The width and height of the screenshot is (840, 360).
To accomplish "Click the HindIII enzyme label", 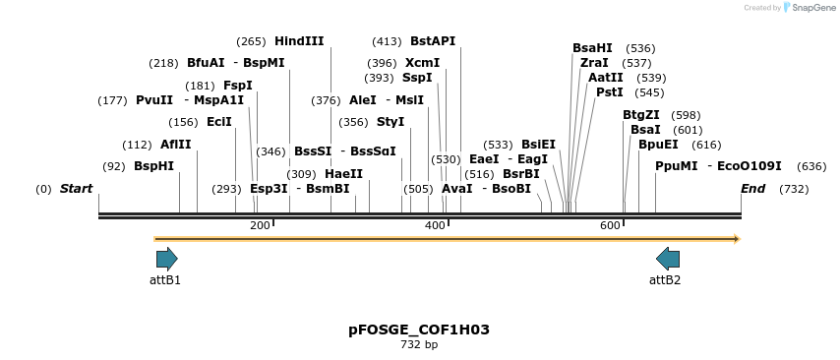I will pos(299,41).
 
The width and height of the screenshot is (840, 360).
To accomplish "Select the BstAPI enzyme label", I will pos(433,41).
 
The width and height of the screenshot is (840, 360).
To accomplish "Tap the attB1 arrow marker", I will pos(167,259).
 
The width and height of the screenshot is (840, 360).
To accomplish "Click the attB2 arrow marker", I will pos(668,259).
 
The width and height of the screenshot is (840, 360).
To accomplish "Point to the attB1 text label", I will pos(165,280).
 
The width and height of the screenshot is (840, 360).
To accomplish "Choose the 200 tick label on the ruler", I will pos(260,226).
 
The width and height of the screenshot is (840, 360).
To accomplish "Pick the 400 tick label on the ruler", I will pos(435,226).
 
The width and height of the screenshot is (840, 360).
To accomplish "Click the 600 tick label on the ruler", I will pos(610,226).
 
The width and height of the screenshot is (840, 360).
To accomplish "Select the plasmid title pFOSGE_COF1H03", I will pos(419,330).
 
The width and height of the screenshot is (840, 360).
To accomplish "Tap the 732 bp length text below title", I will pos(419,345).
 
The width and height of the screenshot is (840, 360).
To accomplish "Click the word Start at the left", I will pos(76,188).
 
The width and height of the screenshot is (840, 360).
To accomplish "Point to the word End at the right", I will pos(752,188).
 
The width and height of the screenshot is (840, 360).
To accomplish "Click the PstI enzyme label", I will pos(610,92).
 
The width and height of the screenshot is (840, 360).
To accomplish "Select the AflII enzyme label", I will pos(175,145).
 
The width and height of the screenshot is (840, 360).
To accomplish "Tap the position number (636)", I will pos(811,166).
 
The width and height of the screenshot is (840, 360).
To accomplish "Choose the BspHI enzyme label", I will pos(153,166).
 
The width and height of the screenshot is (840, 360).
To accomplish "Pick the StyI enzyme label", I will pos(390,122).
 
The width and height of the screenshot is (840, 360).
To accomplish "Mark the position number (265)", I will pos(251,41).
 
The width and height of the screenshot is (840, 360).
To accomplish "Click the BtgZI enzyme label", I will pos(641,115).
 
